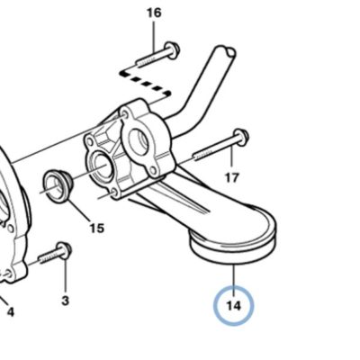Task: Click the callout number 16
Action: click(154, 13)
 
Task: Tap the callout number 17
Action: click(231, 178)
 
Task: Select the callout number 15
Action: click(97, 229)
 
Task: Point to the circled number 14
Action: click(234, 306)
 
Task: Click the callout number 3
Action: click(65, 301)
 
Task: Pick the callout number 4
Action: click(11, 312)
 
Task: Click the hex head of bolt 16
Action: click(172, 49)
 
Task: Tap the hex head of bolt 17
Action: click(240, 137)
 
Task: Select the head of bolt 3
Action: click(64, 249)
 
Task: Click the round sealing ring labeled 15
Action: click(56, 186)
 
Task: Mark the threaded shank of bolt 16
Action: click(151, 58)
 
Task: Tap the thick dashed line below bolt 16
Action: click(145, 83)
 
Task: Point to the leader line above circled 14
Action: click(234, 275)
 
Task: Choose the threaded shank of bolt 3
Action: click(48, 257)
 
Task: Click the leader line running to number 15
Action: click(78, 211)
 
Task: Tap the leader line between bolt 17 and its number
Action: click(232, 157)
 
